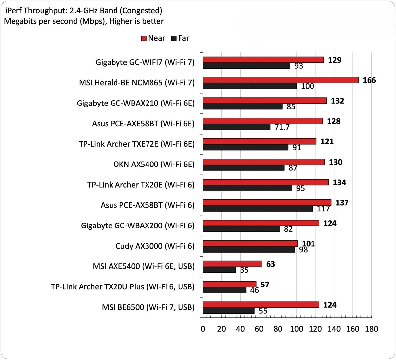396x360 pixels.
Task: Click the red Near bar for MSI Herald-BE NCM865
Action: (x=280, y=80)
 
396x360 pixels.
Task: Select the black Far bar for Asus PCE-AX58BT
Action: (x=257, y=209)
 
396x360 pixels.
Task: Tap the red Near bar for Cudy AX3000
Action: (x=250, y=243)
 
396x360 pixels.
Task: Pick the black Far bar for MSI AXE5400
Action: (x=219, y=270)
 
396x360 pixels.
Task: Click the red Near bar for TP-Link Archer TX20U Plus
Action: (x=229, y=284)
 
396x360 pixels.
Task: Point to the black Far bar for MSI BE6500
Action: (x=228, y=311)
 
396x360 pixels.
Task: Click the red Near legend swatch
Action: (x=144, y=38)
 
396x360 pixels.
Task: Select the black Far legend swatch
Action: (x=174, y=38)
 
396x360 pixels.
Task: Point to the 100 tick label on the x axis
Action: (x=296, y=329)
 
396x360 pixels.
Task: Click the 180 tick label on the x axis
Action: (x=372, y=329)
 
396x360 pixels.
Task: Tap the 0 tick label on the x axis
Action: (x=203, y=329)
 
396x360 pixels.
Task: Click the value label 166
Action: (x=369, y=80)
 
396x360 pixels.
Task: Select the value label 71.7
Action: (x=282, y=127)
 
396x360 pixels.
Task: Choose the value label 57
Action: (x=265, y=285)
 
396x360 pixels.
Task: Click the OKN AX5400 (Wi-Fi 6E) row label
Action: (x=153, y=164)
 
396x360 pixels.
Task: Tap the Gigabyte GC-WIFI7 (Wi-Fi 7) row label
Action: (x=145, y=62)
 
